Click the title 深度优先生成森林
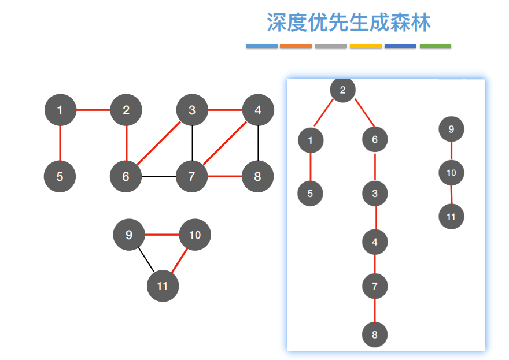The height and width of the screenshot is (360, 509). [x=349, y=23]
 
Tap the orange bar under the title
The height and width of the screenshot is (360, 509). [x=296, y=46]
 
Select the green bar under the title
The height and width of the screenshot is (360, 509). [x=435, y=46]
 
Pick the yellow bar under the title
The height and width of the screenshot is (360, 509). [x=366, y=46]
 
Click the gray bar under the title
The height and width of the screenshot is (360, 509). [x=331, y=46]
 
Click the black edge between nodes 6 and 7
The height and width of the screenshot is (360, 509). [x=159, y=176]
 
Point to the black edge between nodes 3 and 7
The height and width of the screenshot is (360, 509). [x=192, y=143]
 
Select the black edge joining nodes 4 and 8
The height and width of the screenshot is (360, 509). [x=258, y=143]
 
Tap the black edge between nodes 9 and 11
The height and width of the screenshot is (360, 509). [x=145, y=260]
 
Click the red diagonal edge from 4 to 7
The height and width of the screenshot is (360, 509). [x=225, y=143]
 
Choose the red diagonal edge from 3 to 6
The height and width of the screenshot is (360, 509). [x=159, y=143]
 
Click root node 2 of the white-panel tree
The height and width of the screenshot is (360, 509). [x=342, y=90]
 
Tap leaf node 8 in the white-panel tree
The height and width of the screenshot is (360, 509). [x=375, y=335]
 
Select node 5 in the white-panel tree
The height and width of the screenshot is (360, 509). [x=310, y=194]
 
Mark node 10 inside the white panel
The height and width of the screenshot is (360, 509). [x=451, y=172]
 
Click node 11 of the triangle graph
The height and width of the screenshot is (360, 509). [x=163, y=285]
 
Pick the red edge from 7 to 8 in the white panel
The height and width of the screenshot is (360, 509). [x=375, y=310]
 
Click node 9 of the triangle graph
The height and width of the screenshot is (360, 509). [x=129, y=235]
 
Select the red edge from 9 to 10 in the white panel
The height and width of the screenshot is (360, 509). [x=451, y=150]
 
